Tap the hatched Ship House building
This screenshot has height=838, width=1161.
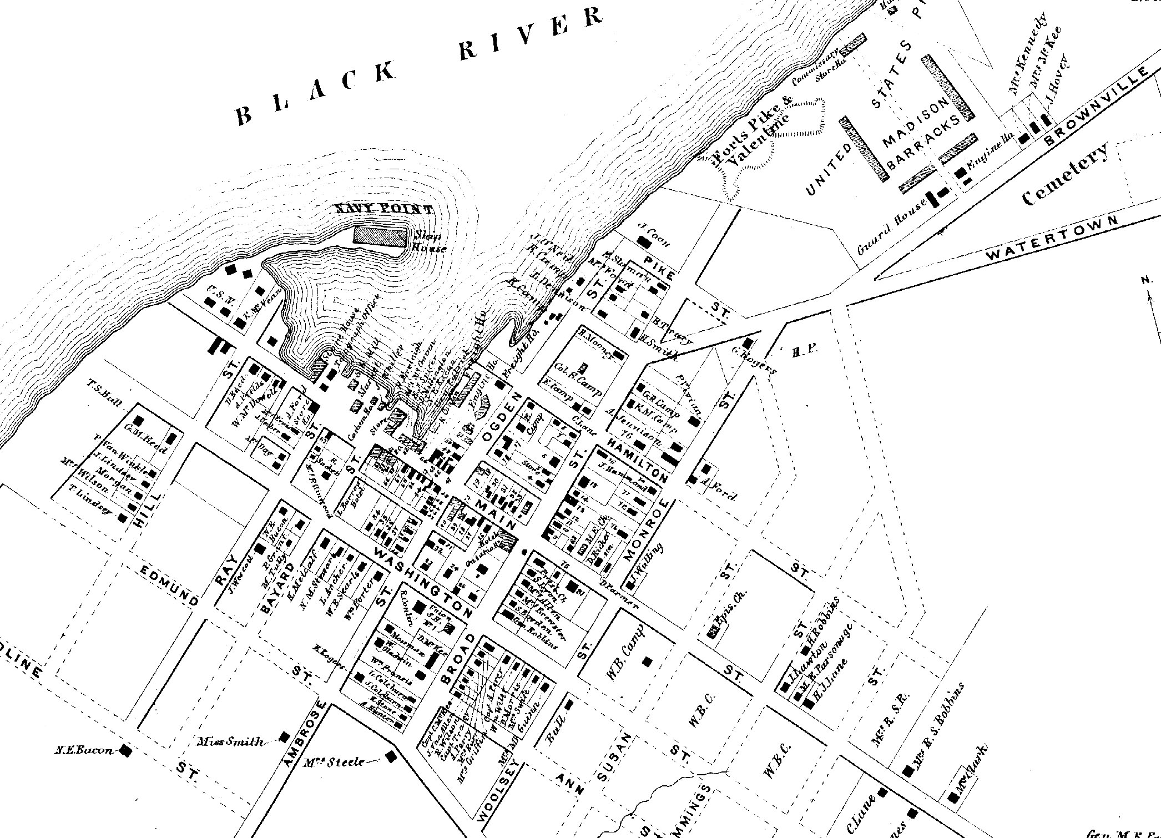click(381, 236)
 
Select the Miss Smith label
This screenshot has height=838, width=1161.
click(231, 741)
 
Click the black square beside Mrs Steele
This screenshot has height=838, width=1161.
click(391, 755)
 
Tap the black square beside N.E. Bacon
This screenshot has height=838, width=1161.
click(127, 751)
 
